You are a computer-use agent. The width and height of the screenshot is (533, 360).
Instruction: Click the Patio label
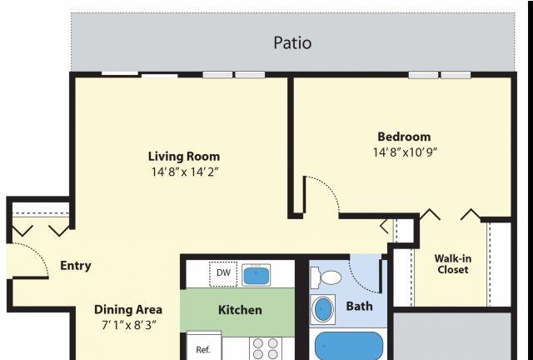coord(292,42)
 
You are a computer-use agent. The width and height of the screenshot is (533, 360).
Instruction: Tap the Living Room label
coord(184,157)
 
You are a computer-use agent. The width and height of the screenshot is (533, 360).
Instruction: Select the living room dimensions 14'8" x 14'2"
coord(184,172)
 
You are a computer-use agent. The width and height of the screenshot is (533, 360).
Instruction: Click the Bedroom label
coord(404,137)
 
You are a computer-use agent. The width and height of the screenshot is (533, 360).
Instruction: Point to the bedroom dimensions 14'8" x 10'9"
coord(404,152)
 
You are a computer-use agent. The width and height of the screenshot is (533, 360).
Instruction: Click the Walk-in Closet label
coord(453,264)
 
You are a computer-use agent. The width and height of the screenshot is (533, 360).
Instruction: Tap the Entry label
coord(76,266)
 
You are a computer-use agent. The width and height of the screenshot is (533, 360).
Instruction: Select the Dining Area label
coord(128,310)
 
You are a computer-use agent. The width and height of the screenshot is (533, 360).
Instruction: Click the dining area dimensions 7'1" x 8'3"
coord(129,325)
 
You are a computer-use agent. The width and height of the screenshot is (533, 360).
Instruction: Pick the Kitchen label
coord(240,310)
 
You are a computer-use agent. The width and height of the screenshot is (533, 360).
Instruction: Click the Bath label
coord(359,306)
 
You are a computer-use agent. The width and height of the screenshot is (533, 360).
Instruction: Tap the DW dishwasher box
coord(223,274)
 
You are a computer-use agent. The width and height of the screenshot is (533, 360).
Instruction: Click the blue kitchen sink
coord(256,275)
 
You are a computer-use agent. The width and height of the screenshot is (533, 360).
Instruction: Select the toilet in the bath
coord(326,277)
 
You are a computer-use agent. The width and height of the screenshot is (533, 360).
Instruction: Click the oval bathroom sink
coord(322,310)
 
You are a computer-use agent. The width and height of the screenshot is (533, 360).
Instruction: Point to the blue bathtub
coord(349,346)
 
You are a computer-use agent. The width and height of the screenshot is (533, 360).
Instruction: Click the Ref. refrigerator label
coord(203,350)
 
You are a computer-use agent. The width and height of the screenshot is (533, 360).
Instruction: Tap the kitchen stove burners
coord(266,348)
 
